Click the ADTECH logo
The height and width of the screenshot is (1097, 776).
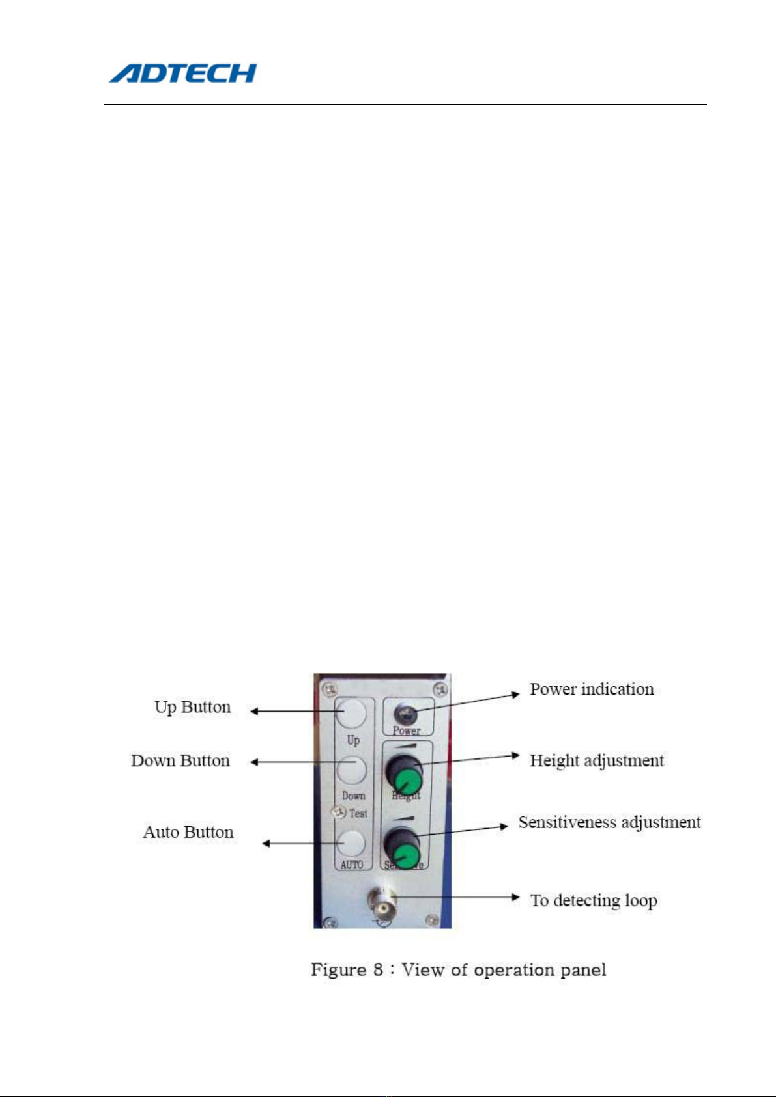coord(182,73)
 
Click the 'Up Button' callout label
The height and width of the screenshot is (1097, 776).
coord(192,707)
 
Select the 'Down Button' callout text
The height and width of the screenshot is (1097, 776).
coord(180,760)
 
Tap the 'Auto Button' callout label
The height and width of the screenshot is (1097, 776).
coord(188,832)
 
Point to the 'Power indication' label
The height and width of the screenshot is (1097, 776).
coord(592,689)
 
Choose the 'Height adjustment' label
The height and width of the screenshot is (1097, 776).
coord(596,760)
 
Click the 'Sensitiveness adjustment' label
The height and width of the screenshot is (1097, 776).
coord(609,822)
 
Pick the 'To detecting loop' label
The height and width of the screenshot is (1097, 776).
coord(594,900)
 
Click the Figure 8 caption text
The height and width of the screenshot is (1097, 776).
coord(459,970)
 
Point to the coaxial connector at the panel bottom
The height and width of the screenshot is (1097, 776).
coord(382,904)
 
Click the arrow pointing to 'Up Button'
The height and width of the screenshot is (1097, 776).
coord(293,712)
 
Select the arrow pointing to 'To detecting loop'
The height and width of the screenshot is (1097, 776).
coord(456,897)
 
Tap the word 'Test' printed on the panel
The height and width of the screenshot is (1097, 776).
coord(358,813)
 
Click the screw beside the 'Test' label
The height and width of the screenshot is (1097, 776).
coord(338,812)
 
